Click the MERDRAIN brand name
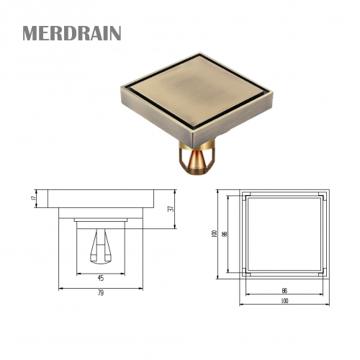coord(71,34)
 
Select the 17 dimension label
coord(34,197)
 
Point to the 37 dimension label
coord(170,210)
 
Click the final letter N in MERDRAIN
coord(114,34)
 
